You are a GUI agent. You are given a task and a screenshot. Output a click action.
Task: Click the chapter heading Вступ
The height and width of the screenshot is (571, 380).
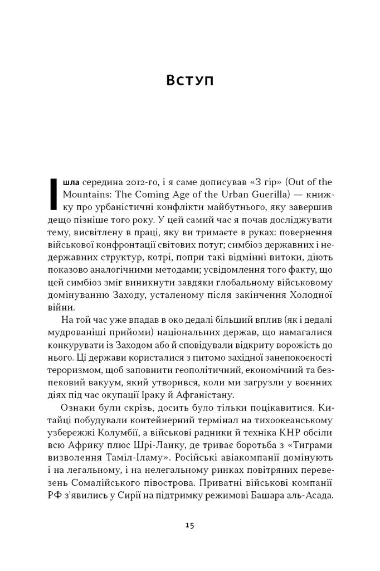(189, 80)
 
